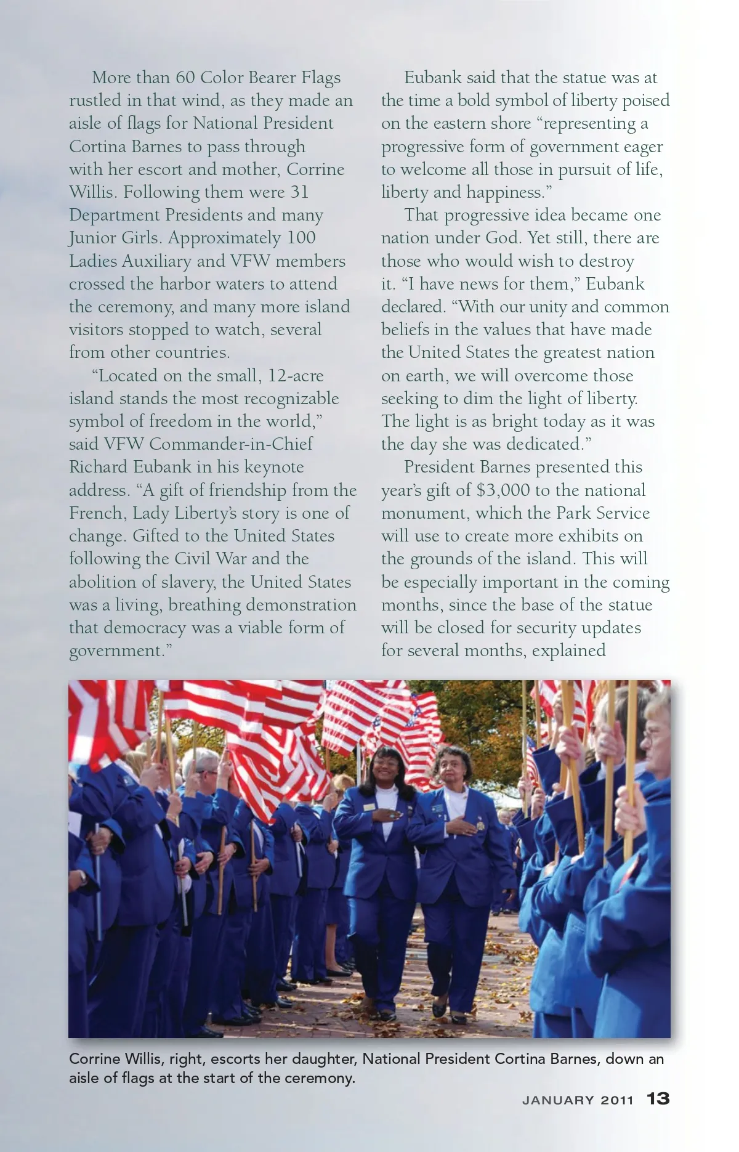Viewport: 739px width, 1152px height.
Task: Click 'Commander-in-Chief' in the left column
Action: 231,444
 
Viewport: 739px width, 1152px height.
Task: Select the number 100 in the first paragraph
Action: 302,238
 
